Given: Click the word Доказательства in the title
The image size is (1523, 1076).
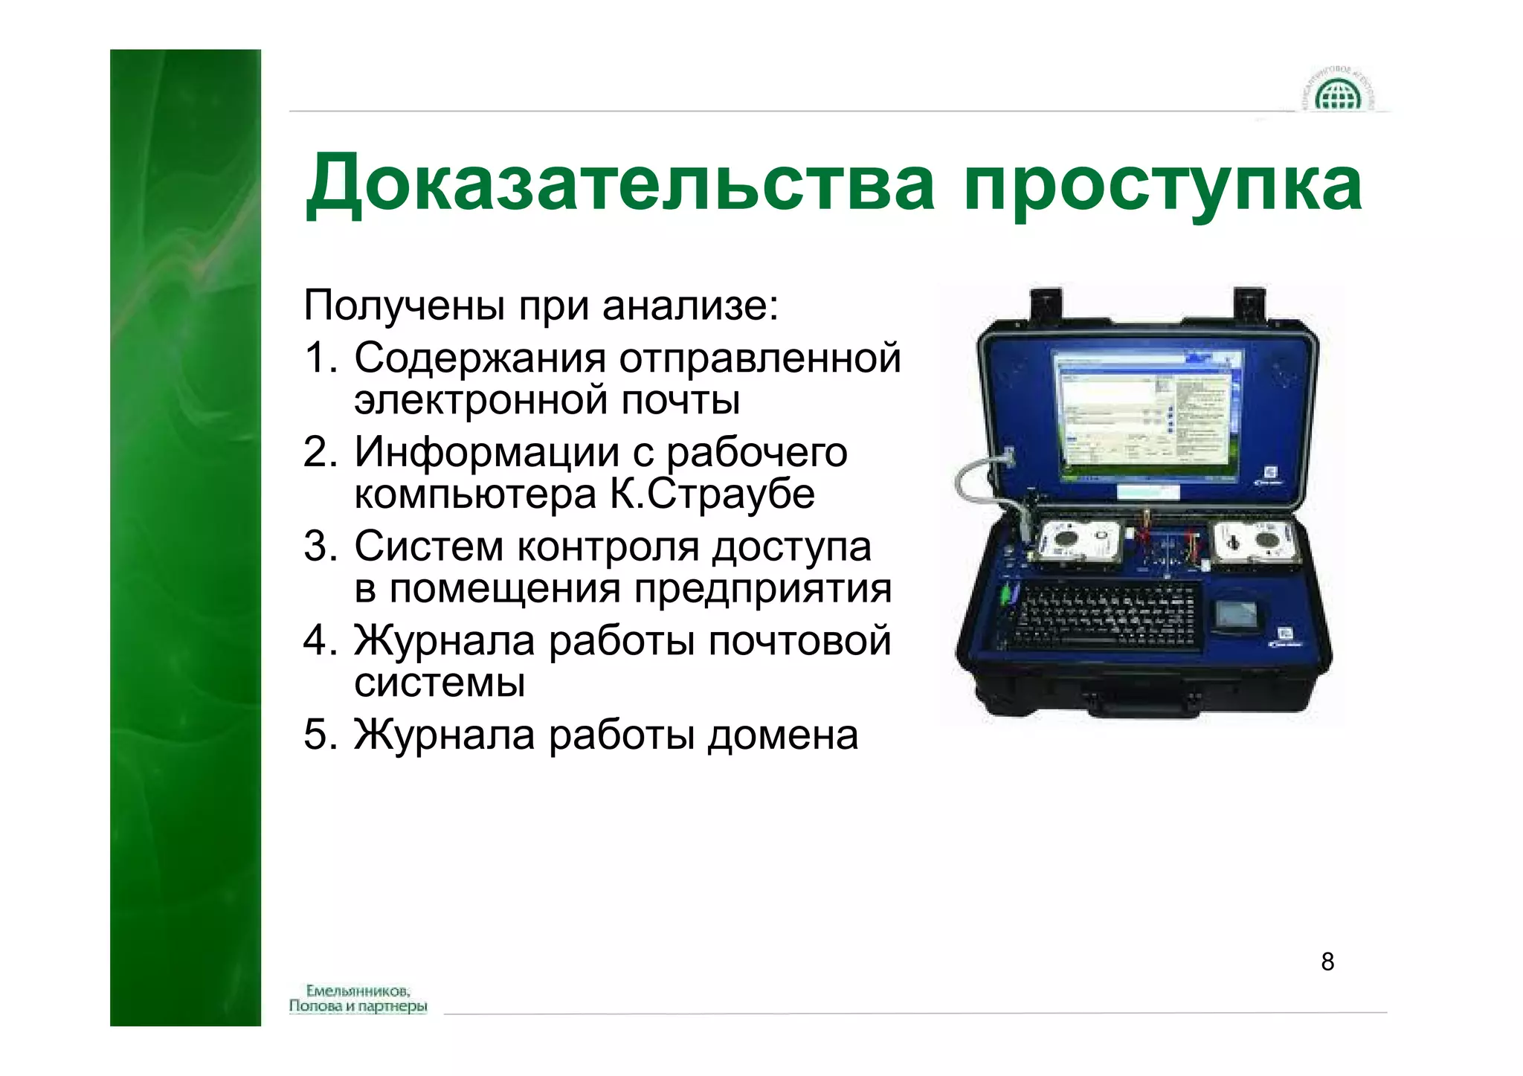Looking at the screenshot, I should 619,184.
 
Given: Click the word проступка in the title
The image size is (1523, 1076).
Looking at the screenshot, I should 1162,186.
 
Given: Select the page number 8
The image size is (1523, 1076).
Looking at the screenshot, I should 1327,961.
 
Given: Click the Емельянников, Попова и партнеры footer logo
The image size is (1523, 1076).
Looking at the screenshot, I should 358,999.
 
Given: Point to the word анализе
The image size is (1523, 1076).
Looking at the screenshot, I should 690,306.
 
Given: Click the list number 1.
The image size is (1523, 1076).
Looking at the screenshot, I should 319,358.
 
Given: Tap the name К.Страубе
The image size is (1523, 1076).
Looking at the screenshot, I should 712,494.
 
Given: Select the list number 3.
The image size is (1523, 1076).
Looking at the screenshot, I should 319,547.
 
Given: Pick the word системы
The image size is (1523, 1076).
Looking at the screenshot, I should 439,682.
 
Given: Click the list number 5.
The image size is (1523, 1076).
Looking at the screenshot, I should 319,735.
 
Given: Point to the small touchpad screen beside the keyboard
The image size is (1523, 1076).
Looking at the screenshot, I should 1234,615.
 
